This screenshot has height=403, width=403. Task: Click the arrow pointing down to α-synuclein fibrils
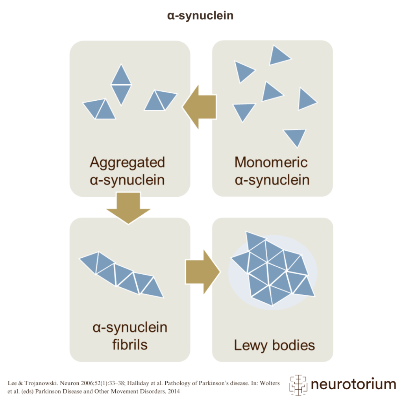(129, 207)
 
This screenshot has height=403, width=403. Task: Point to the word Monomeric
(271, 162)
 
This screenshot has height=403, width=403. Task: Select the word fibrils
(129, 344)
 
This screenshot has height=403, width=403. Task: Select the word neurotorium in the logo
(353, 384)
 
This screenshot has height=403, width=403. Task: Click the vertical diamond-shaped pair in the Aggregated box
(121, 85)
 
